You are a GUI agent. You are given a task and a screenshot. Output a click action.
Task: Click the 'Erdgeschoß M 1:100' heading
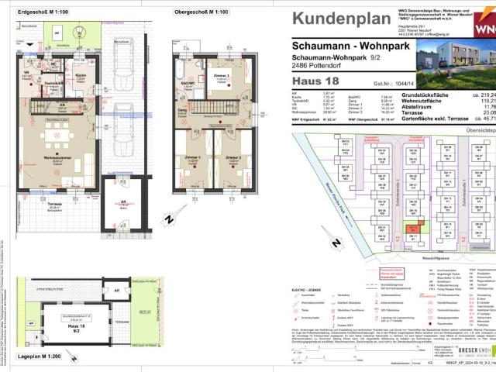(x=45, y=13)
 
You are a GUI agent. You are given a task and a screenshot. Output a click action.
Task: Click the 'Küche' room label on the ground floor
(x=81, y=76)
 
